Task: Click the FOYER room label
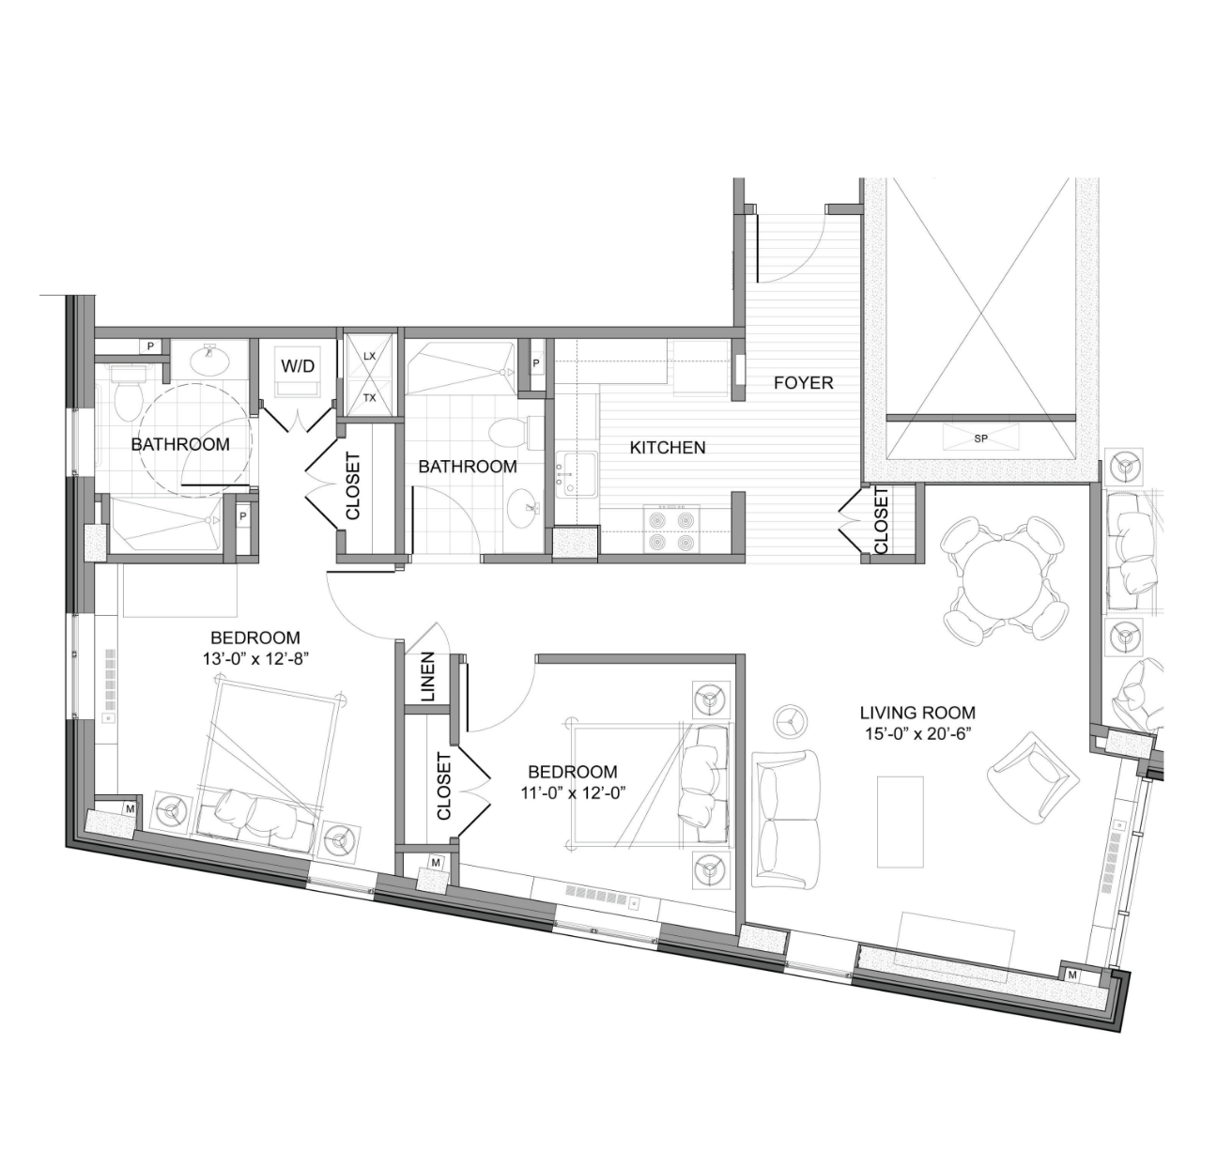tap(803, 382)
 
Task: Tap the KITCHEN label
tap(667, 448)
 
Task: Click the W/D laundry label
tap(298, 366)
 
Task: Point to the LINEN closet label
tap(428, 677)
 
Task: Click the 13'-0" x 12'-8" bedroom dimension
tap(255, 659)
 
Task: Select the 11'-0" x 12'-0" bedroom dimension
tap(573, 792)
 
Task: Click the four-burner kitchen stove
tap(671, 530)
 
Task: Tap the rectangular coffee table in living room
tap(900, 821)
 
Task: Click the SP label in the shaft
tap(980, 438)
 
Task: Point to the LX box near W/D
tap(369, 355)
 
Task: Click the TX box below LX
tap(369, 397)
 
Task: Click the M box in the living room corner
tap(1071, 975)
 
